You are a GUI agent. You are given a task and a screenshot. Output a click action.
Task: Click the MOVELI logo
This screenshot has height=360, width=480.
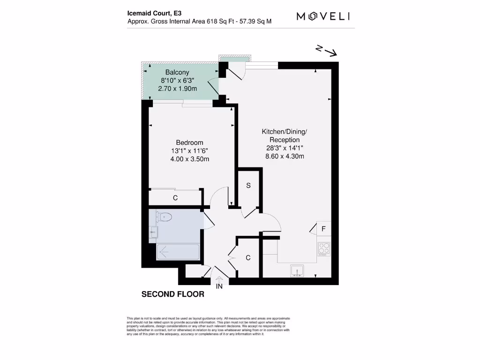323,16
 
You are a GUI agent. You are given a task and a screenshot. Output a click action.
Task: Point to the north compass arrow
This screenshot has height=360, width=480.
327,51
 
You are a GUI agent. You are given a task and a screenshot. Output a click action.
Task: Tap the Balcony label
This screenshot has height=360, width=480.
177,72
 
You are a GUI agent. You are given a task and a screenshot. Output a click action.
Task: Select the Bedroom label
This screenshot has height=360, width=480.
189,142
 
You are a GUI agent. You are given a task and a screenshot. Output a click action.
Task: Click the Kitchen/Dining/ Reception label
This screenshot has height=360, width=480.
285,136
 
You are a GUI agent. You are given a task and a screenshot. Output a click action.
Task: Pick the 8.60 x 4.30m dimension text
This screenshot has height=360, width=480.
285,156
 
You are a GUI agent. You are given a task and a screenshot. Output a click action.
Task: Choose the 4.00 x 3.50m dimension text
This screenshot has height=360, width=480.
189,159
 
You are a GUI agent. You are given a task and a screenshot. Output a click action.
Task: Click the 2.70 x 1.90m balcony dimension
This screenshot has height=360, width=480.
177,88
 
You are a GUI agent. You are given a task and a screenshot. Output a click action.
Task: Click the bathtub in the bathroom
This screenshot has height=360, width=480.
178,252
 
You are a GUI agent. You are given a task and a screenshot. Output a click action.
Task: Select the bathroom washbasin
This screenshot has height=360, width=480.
153,232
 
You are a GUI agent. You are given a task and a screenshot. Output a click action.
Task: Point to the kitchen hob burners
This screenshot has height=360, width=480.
324,248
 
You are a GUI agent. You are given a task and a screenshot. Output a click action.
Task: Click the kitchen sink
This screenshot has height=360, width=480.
297,270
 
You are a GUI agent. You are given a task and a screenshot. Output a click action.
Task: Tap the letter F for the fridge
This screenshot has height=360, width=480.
323,229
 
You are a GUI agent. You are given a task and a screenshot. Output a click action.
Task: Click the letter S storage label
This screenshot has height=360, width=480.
248,186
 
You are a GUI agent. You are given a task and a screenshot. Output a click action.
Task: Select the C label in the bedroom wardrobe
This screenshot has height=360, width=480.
175,198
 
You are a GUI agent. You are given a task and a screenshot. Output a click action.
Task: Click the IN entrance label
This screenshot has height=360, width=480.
219,286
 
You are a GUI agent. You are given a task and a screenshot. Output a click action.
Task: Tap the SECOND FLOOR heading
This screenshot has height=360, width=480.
173,294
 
